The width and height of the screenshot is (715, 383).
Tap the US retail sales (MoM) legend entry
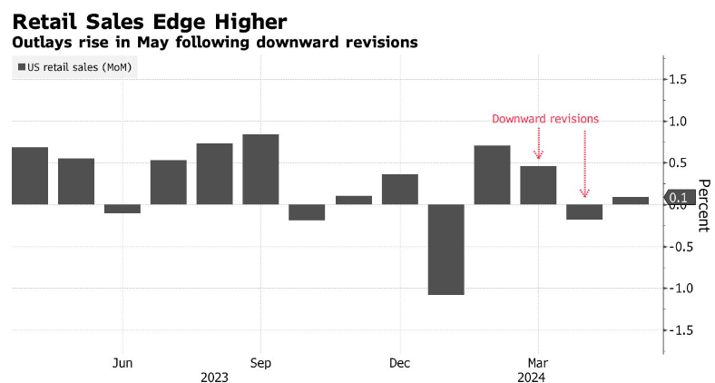[75, 66]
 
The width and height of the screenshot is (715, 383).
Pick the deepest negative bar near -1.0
[446, 249]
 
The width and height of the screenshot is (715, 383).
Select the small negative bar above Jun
[122, 209]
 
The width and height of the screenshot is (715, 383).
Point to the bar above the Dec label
[400, 189]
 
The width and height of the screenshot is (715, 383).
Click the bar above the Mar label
[538, 185]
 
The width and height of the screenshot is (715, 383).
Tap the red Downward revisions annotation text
[545, 119]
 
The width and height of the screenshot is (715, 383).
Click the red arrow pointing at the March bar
[539, 143]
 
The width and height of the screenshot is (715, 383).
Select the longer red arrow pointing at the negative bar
[584, 163]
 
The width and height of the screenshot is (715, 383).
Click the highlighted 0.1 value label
[678, 197]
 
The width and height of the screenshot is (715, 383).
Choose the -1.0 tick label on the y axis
[681, 289]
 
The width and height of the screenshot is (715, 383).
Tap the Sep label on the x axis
[260, 363]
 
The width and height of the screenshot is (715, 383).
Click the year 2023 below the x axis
[214, 377]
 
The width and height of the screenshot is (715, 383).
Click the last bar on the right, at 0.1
[631, 201]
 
